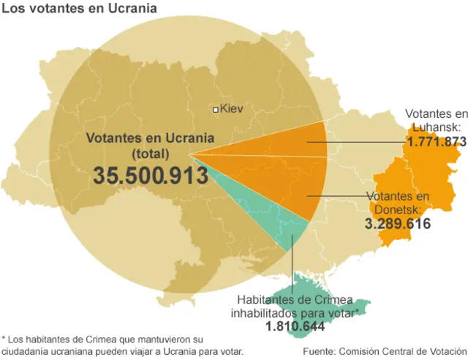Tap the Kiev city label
[x=231, y=109]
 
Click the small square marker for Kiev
[x=215, y=110]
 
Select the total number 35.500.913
[x=151, y=176]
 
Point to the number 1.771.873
[x=437, y=141]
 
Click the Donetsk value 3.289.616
[x=397, y=224]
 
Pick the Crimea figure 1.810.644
[x=295, y=327]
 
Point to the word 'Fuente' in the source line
[x=320, y=350]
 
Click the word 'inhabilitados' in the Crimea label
[x=265, y=313]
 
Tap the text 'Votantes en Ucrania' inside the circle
[x=150, y=138]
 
